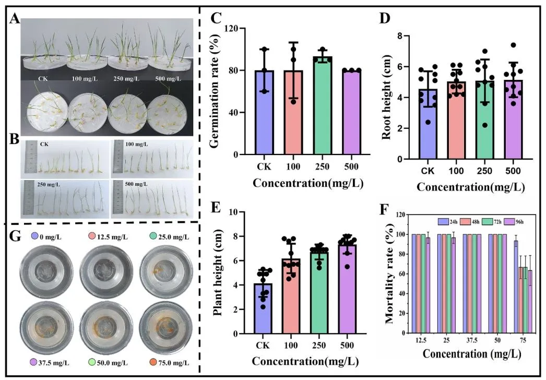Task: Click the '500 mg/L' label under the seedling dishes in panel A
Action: tap(166, 79)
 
